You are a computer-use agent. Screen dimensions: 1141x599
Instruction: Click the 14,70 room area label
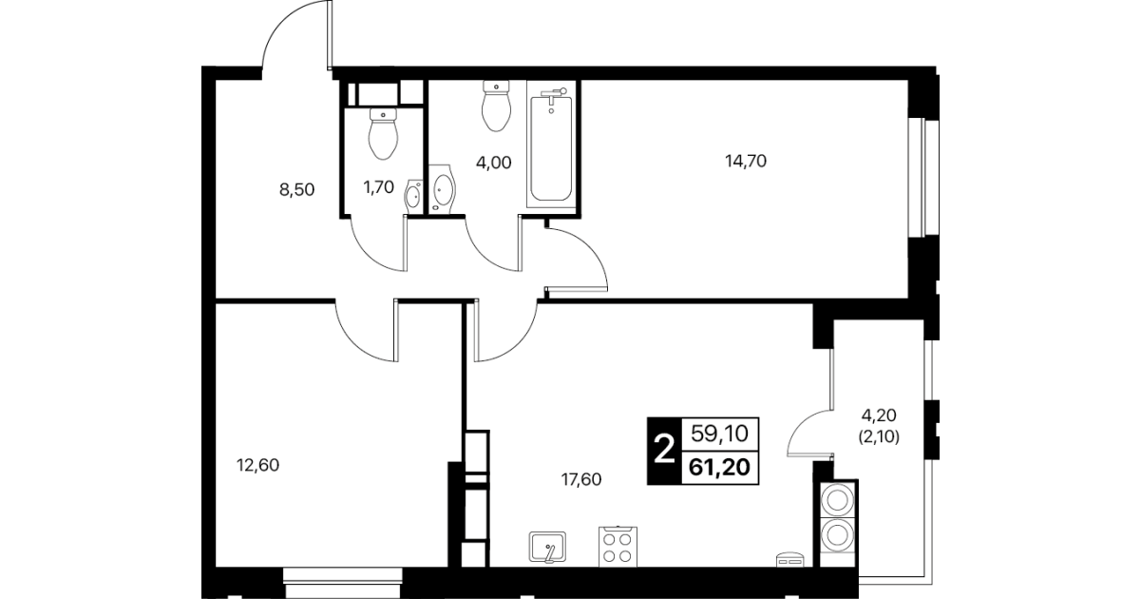tap(746, 161)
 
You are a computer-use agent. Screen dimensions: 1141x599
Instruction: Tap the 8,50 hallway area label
tap(297, 190)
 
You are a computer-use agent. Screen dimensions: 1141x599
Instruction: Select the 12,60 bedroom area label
tap(258, 465)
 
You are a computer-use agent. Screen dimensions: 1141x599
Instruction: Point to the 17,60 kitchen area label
tap(581, 479)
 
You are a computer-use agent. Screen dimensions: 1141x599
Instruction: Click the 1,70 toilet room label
tap(378, 187)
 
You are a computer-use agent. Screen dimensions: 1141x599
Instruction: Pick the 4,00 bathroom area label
tap(494, 163)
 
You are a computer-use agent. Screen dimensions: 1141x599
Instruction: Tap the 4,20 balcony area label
tap(879, 415)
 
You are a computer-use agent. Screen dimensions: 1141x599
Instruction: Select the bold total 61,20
tap(720, 467)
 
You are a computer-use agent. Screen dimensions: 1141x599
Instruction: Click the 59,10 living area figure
tap(720, 434)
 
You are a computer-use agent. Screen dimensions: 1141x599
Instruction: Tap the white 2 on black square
tap(664, 451)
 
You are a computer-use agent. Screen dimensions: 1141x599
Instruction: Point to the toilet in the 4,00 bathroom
tap(496, 106)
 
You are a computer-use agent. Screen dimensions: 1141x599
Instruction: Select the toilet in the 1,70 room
tap(383, 133)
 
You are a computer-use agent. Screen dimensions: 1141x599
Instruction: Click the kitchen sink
tap(547, 547)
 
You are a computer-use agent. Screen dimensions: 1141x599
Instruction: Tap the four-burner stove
tap(618, 546)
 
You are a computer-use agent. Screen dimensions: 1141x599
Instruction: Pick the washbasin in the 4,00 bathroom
tap(441, 188)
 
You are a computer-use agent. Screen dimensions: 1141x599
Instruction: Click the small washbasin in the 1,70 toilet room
tap(413, 194)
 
